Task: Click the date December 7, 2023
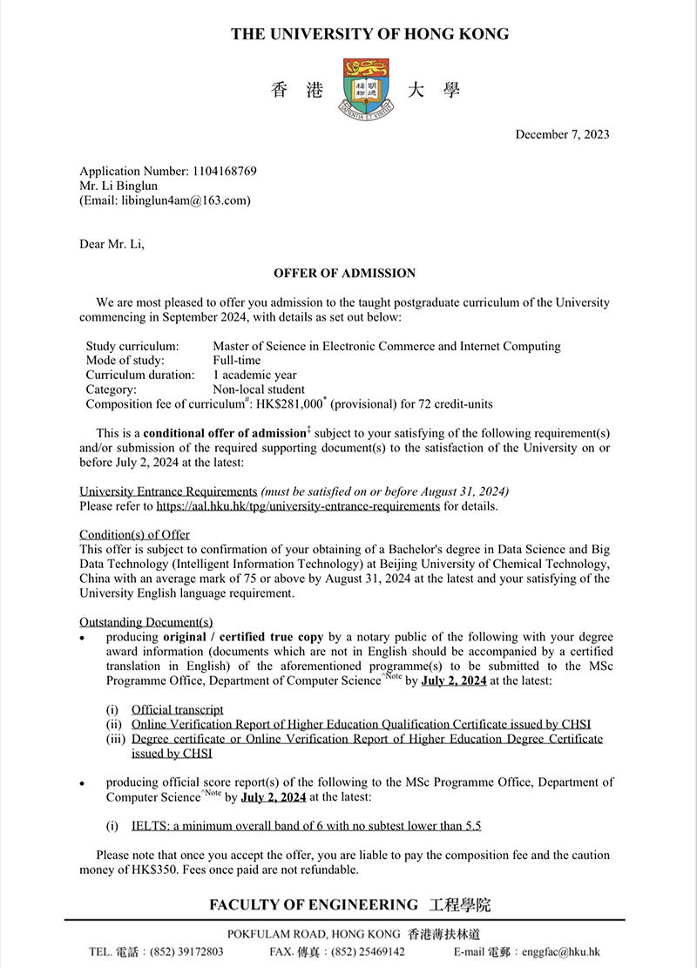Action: (562, 134)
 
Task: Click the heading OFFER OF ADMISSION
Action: (344, 274)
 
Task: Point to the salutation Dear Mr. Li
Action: (112, 244)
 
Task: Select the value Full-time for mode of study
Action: (236, 360)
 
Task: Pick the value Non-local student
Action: (259, 389)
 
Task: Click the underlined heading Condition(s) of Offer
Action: (134, 534)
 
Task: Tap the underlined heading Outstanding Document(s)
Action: (145, 622)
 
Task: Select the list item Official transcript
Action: (178, 710)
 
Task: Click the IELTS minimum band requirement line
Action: (306, 825)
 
